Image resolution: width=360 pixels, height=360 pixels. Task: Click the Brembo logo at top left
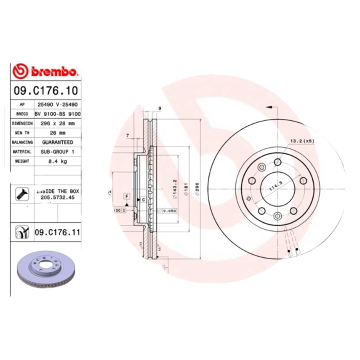(46, 71)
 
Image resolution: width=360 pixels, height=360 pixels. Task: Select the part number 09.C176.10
(45, 90)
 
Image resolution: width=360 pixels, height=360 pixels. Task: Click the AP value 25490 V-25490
(57, 104)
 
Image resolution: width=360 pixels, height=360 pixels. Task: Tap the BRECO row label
(22, 114)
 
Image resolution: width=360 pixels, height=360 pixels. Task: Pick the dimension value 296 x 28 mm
(57, 123)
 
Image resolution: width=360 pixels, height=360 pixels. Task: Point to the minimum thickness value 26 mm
(57, 133)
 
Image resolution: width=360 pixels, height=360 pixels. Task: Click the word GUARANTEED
(58, 142)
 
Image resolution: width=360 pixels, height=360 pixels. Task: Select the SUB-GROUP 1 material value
(57, 152)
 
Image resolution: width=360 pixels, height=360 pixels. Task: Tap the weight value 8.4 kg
(57, 161)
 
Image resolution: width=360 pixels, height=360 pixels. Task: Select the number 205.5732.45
(57, 197)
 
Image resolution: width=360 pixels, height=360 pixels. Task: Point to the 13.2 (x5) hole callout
(301, 141)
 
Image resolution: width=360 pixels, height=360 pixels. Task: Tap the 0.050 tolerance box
(169, 211)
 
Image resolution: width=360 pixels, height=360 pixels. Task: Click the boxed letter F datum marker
(127, 196)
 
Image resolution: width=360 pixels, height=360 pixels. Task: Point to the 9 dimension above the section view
(160, 108)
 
